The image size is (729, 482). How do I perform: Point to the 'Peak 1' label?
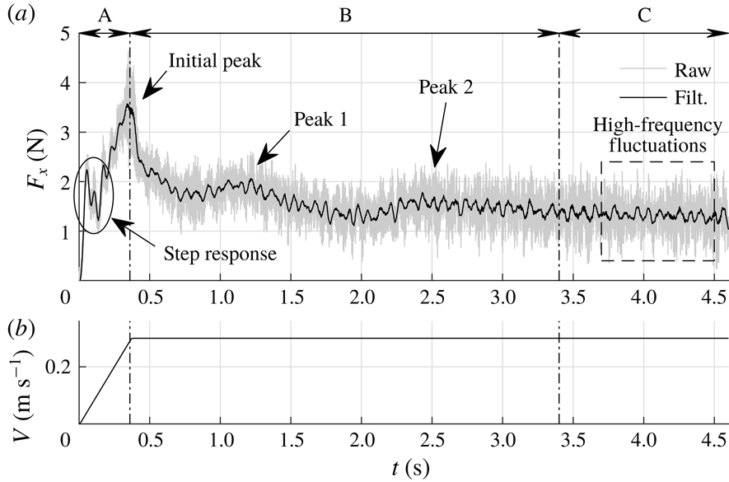click(x=320, y=119)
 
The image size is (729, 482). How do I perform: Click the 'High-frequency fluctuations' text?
click(x=657, y=136)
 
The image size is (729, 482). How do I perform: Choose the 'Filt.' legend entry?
click(x=696, y=95)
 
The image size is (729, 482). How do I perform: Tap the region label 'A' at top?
click(x=104, y=15)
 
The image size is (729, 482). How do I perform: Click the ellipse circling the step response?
click(x=77, y=194)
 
